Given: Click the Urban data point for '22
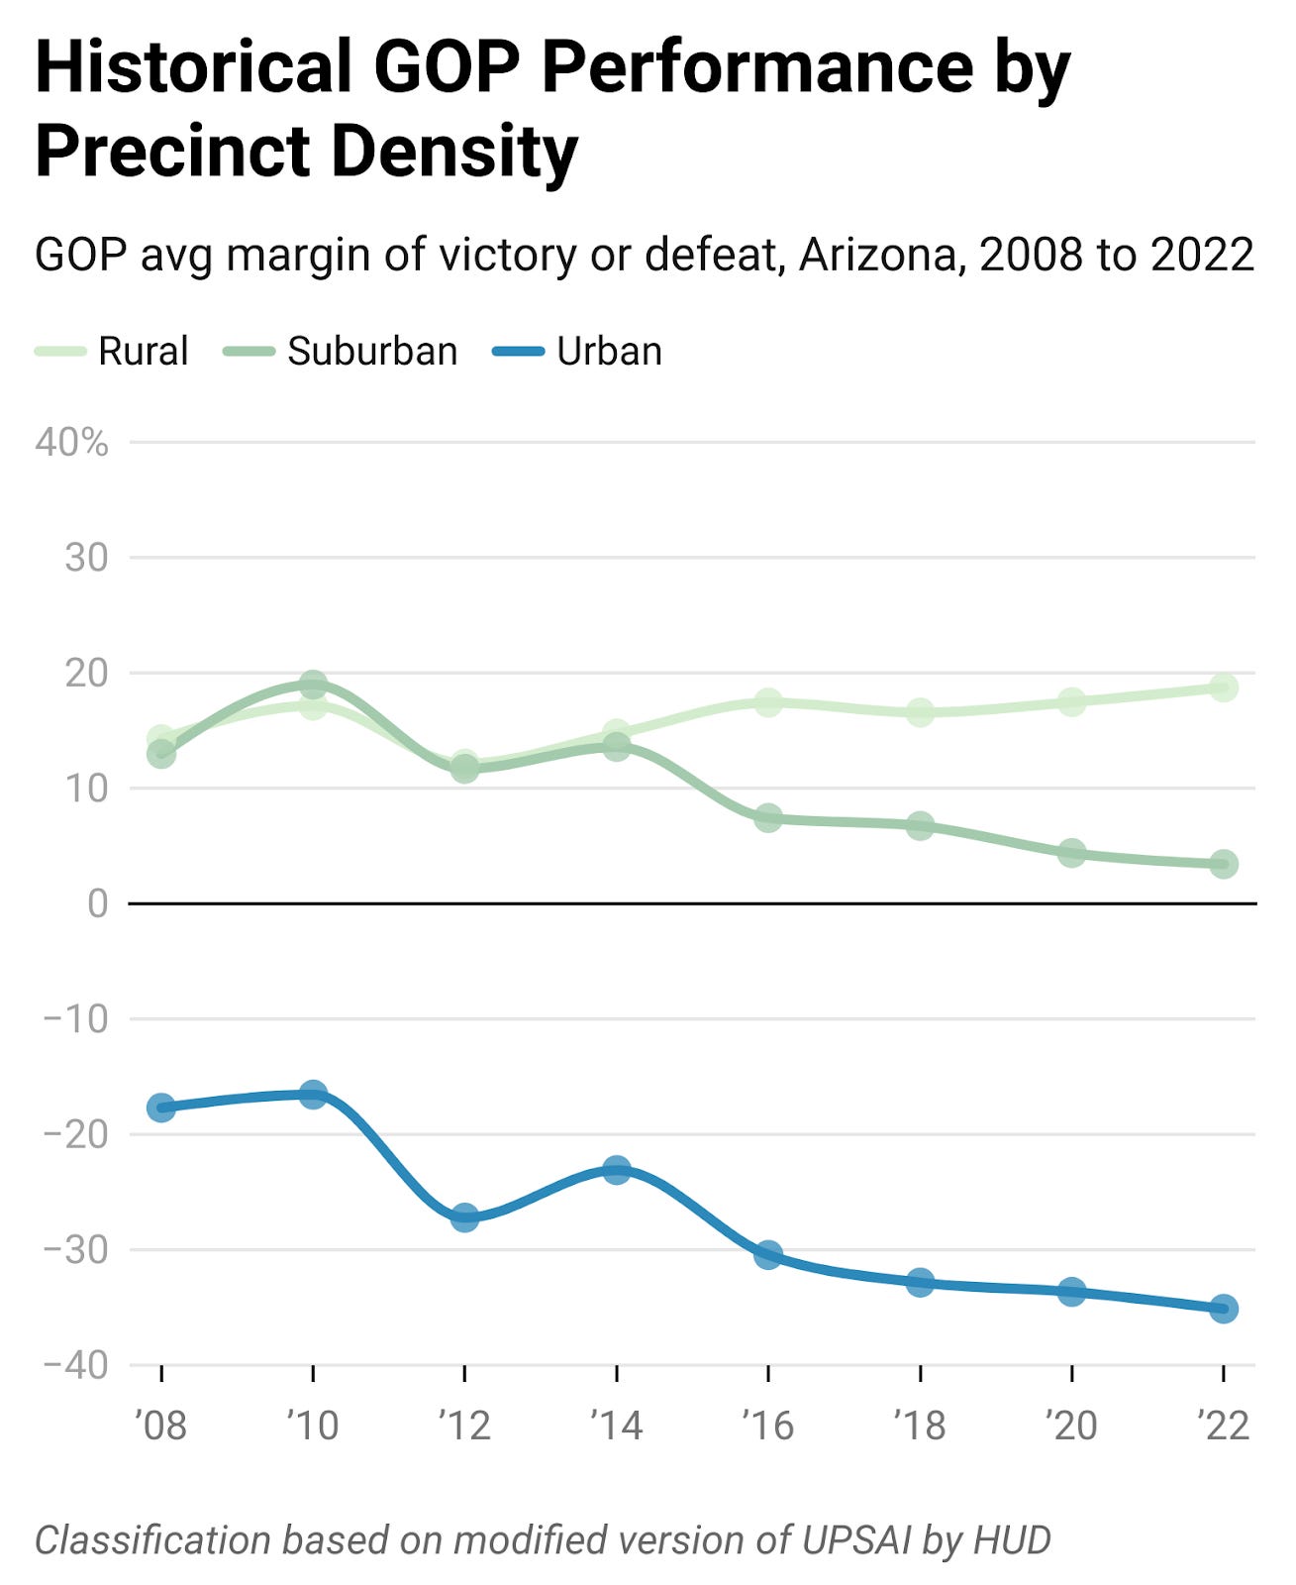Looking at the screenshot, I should click(1223, 1309).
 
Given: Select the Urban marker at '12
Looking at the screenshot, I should click(464, 1216).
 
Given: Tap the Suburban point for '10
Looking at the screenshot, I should click(313, 685).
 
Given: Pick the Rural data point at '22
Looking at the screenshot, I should click(1223, 687).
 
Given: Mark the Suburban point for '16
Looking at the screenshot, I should click(768, 818).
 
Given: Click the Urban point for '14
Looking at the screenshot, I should click(617, 1170).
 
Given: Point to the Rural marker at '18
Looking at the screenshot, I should click(920, 712).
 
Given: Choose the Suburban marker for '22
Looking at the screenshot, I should click(1223, 864).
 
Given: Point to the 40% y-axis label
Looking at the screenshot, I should click(71, 443).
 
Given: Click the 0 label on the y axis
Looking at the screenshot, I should click(97, 903).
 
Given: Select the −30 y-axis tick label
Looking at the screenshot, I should click(75, 1250).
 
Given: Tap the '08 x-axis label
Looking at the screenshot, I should click(160, 1426).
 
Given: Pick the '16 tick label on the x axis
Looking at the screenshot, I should click(768, 1426).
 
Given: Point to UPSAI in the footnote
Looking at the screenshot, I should click(856, 1540).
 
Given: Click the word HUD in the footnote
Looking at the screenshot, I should click(1012, 1540).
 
